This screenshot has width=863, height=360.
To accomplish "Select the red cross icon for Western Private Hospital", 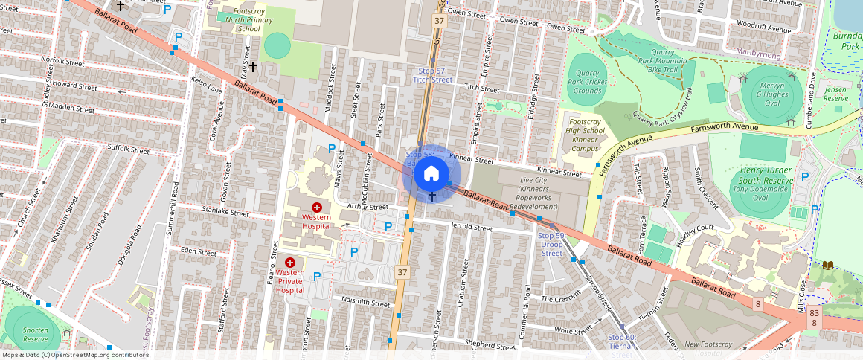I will [291, 262].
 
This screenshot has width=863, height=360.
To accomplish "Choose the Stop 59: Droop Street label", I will [551, 244].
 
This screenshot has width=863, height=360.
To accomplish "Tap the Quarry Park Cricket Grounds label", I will [588, 82].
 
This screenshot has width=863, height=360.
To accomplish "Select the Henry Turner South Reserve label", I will [766, 175].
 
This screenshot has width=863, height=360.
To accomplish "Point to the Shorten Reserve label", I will [36, 334].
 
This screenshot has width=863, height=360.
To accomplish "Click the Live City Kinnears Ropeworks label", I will [528, 193].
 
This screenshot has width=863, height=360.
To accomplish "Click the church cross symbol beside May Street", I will [253, 67].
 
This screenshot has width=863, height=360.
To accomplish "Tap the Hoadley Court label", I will [696, 229].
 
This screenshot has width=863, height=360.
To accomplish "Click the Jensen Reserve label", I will [835, 94].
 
